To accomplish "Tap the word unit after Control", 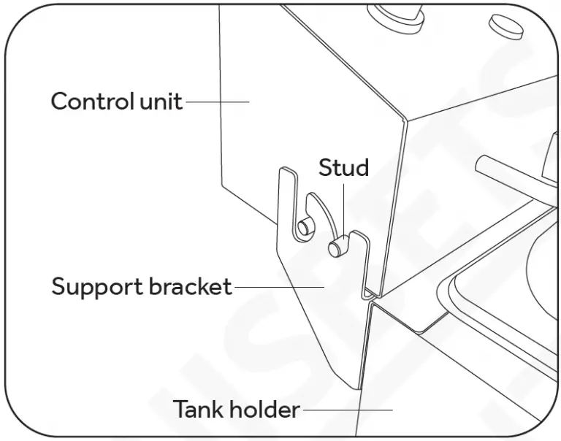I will coord(159,101).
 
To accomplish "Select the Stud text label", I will coord(343,168).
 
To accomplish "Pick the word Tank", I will coord(197,410).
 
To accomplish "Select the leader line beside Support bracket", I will coord(278,287).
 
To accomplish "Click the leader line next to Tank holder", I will coord(347,410).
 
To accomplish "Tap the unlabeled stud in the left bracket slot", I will coord(305,225).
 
